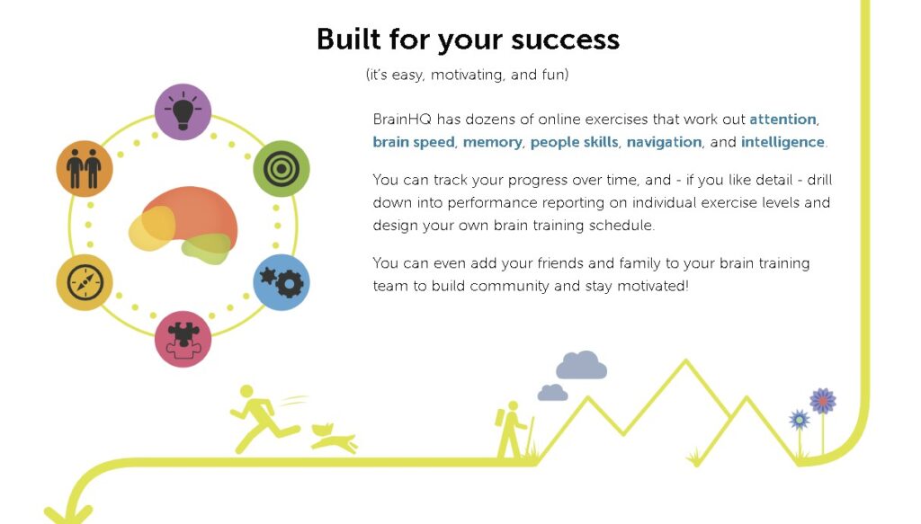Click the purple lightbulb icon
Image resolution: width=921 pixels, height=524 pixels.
(183, 112)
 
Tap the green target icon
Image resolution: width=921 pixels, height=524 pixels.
(282, 168)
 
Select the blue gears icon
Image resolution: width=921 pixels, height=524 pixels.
(282, 282)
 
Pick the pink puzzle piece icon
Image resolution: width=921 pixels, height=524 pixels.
(183, 339)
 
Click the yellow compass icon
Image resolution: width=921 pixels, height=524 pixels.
(85, 282)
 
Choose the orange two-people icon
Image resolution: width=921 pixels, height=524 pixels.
(85, 168)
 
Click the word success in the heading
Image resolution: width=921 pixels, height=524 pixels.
(565, 40)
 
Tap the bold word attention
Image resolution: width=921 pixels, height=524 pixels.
(782, 120)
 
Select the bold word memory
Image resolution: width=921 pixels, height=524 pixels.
(492, 143)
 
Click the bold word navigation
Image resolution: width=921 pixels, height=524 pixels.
(664, 143)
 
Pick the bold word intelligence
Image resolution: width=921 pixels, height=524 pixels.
(782, 143)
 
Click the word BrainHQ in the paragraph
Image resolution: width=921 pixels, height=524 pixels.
(402, 120)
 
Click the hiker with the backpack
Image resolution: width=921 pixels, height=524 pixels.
(512, 430)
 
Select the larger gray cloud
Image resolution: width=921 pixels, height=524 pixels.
(582, 365)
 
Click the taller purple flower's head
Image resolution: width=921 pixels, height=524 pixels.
(822, 402)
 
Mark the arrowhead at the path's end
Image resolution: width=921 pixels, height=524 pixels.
(68, 515)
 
